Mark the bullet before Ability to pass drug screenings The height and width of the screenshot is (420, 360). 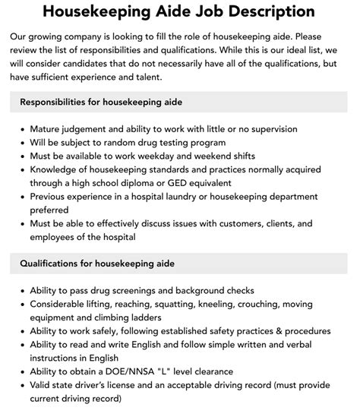(x=20, y=290)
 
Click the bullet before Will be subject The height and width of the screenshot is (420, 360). (x=20, y=142)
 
